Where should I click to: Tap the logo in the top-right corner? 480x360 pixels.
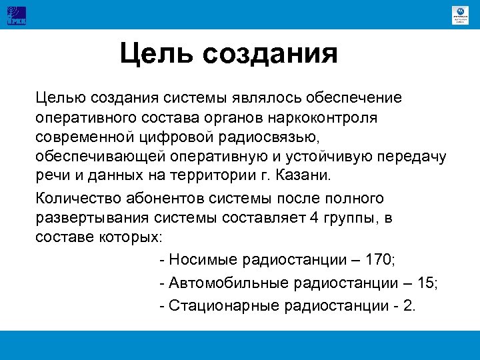(459, 15)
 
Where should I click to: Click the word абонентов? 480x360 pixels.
(160, 199)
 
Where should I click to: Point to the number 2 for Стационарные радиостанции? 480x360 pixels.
(410, 306)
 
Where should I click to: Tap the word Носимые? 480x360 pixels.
(200, 259)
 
